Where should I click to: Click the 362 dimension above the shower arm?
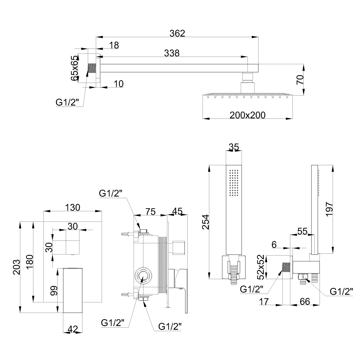click(177, 33)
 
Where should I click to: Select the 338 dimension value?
click(172, 53)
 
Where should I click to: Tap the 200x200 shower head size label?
click(247, 115)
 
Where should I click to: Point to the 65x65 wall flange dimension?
click(75, 68)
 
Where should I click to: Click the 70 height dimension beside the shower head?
click(300, 80)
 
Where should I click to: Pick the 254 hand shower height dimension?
click(206, 222)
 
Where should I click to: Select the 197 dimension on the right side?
click(329, 209)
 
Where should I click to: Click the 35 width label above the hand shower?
click(234, 147)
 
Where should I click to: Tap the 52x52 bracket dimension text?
click(261, 267)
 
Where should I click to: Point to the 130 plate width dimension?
click(72, 207)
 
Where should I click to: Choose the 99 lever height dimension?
click(53, 291)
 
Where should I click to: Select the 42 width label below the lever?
click(73, 329)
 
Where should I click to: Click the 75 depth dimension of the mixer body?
click(150, 211)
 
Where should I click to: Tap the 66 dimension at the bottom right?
click(305, 301)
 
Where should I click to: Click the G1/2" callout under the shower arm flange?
click(67, 102)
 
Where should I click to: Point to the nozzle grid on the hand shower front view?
click(234, 183)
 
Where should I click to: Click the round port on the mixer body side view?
click(143, 276)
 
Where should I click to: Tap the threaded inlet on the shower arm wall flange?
click(92, 68)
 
